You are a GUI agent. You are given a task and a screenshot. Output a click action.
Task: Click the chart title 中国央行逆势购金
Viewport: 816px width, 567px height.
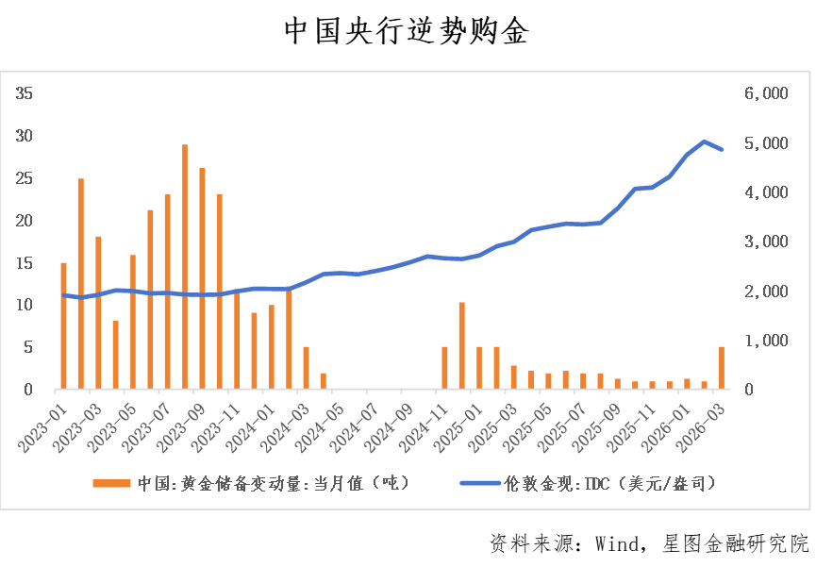pyautogui.click(x=407, y=32)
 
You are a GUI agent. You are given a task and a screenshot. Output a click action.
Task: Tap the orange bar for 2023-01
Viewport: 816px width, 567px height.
pyautogui.click(x=63, y=325)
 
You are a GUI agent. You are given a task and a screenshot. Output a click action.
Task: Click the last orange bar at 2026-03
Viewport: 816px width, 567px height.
pyautogui.click(x=722, y=368)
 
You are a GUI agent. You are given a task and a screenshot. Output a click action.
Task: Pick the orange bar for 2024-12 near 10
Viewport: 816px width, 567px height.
pyautogui.click(x=461, y=345)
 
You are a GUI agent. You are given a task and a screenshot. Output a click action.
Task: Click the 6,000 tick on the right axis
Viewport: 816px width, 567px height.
pyautogui.click(x=764, y=93)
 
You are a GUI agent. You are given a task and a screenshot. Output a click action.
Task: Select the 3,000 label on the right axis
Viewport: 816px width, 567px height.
pyautogui.click(x=764, y=242)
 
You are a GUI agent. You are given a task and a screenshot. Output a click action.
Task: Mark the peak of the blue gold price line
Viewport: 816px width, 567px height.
pyautogui.click(x=704, y=142)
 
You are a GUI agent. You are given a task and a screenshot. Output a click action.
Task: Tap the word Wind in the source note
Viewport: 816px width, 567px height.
pyautogui.click(x=618, y=544)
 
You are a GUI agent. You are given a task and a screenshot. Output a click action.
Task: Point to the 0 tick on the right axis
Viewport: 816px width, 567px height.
pyautogui.click(x=752, y=389)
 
